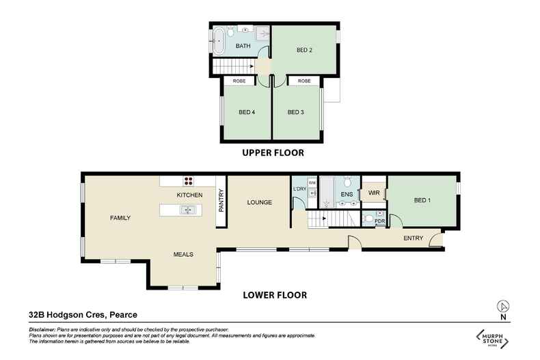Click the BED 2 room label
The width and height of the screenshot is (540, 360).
tap(305, 51)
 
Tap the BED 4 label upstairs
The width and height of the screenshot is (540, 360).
tap(247, 113)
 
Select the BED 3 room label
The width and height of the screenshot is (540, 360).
tap(295, 113)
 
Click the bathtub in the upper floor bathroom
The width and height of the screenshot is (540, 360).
tap(219, 41)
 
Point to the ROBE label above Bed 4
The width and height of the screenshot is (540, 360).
tap(239, 81)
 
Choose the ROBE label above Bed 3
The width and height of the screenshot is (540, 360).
tap(304, 81)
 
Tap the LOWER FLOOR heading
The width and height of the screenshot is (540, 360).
tap(275, 296)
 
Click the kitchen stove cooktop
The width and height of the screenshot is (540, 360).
tap(188, 182)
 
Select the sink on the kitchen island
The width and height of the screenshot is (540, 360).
tap(187, 210)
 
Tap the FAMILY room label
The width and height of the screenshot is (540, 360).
tap(120, 218)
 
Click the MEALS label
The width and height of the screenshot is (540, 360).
tap(183, 254)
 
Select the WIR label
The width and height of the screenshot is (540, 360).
tap(373, 193)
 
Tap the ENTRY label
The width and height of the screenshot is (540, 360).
tap(413, 238)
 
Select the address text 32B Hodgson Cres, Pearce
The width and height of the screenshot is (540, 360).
tap(83, 315)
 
